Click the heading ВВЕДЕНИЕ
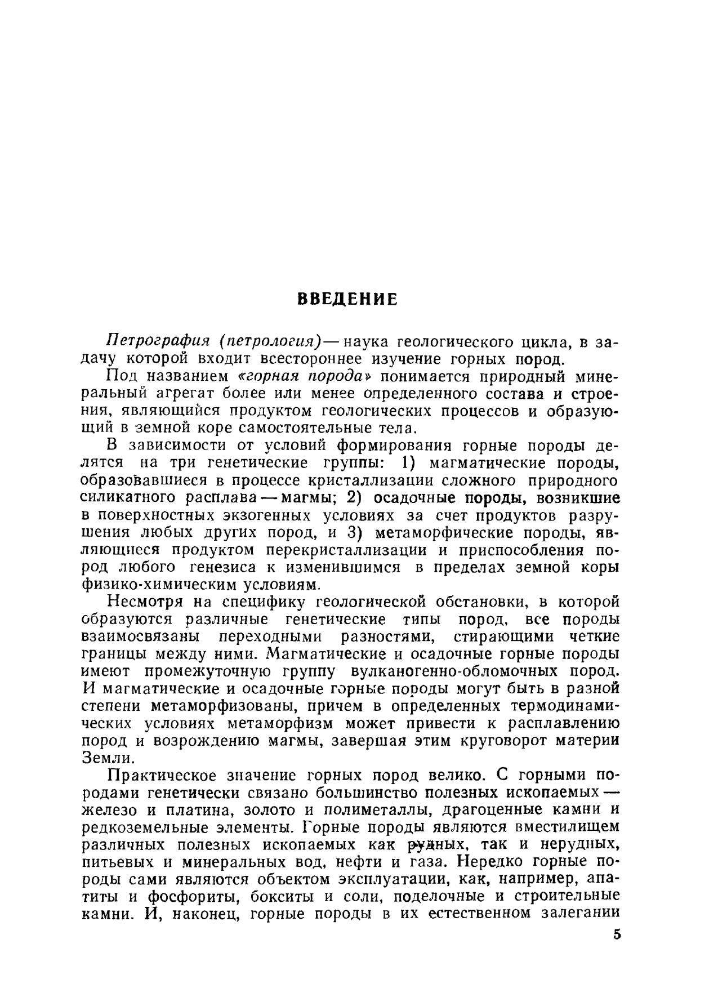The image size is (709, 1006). (347, 299)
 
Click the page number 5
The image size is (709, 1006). (616, 934)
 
